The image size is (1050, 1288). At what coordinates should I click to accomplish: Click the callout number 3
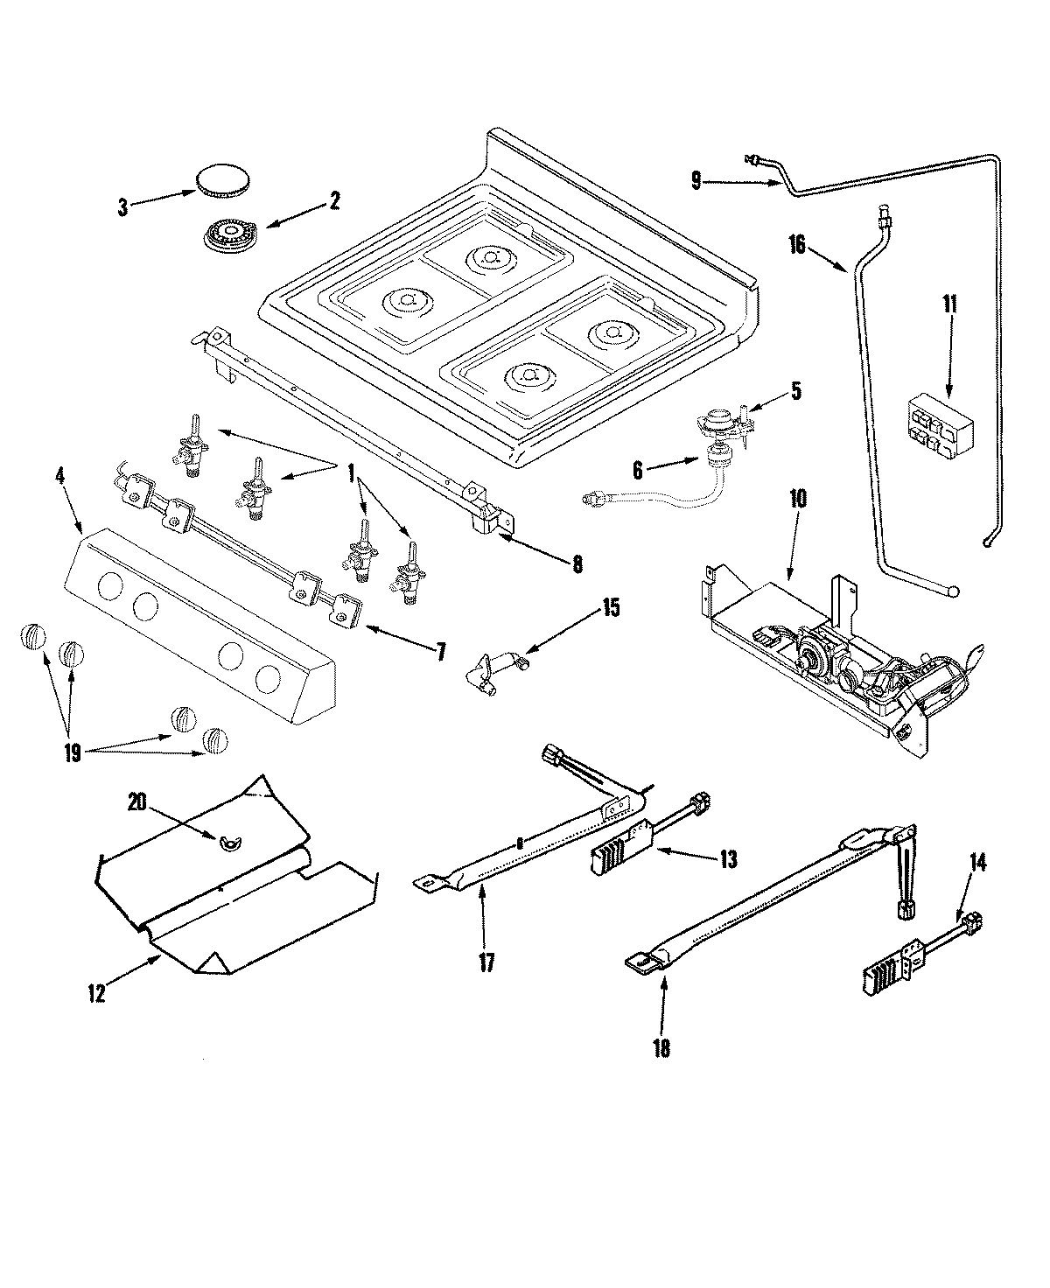(122, 207)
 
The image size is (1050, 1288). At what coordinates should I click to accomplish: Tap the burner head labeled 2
(227, 236)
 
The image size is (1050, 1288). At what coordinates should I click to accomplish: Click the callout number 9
(696, 181)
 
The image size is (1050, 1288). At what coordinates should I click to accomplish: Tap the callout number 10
(799, 500)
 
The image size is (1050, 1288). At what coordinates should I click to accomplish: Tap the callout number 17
(486, 962)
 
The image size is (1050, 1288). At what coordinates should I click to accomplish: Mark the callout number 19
(72, 752)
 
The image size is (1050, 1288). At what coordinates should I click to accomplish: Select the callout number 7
(441, 651)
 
